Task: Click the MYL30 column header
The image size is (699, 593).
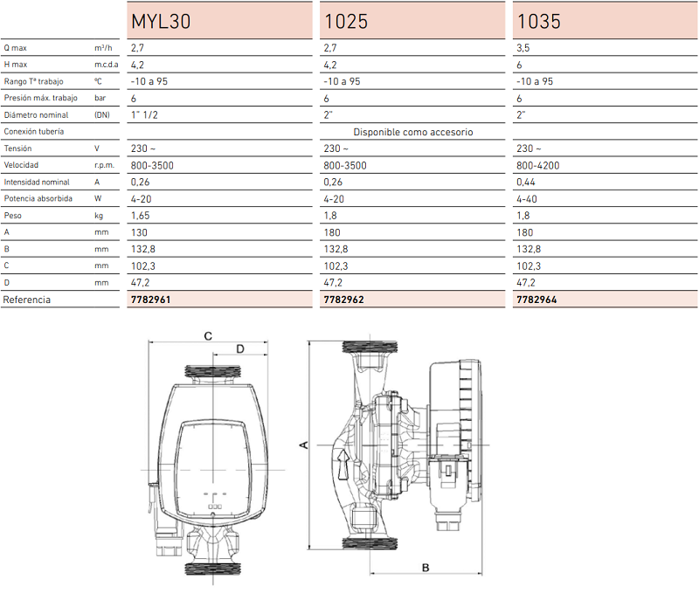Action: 161,21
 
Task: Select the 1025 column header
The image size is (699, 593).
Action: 346,21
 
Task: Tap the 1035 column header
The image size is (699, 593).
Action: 538,21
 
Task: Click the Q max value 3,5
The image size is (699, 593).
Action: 523,48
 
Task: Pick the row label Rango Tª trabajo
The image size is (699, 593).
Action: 33,81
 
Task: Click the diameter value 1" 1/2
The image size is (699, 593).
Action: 144,115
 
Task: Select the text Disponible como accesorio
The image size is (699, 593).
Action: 412,132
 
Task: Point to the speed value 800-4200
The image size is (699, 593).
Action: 537,166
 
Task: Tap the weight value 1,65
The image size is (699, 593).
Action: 140,216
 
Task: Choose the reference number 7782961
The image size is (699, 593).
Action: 150,300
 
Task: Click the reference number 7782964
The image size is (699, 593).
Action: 536,300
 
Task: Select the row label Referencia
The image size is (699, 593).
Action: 27,300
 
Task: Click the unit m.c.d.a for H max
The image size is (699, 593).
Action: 106,65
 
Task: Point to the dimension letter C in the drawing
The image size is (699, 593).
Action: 208,336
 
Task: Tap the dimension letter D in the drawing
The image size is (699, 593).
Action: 239,348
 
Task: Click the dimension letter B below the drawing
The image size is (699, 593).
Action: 426,568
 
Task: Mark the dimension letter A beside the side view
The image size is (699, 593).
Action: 303,445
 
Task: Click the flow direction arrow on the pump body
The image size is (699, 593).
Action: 343,465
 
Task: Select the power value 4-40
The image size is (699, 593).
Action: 527,199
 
